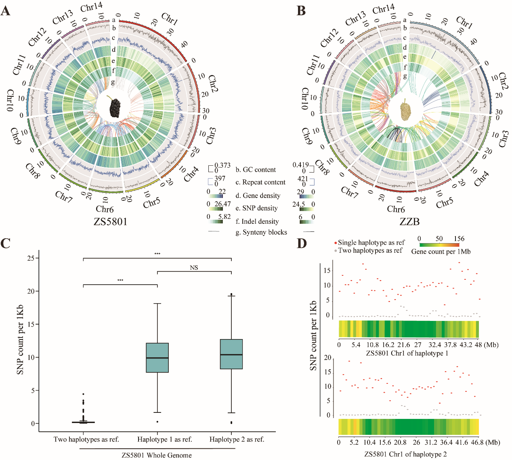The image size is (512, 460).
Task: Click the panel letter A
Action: tap(5, 10)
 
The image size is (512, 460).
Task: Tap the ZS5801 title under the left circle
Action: tap(110, 222)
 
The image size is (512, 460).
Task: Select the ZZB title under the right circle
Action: tap(409, 222)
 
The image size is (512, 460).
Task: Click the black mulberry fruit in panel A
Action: tap(116, 107)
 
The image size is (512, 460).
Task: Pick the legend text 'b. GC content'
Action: tap(256, 170)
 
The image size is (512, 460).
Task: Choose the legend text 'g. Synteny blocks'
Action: tap(261, 232)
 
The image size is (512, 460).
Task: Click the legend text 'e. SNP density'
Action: tap(256, 208)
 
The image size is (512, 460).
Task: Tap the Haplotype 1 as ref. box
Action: tap(157, 358)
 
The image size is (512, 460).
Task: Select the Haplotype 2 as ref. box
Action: tap(231, 354)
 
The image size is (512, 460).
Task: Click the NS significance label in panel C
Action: tap(194, 268)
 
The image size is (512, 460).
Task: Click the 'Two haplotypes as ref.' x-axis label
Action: tap(86, 439)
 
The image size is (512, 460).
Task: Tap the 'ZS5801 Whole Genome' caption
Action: tap(157, 455)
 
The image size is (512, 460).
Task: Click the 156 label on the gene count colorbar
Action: tap(459, 239)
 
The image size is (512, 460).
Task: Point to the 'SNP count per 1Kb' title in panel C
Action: tap(20, 339)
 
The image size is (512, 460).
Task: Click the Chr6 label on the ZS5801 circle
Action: tap(105, 209)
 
